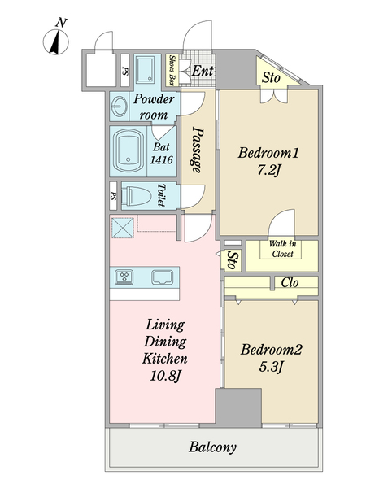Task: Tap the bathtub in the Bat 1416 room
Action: tap(129, 150)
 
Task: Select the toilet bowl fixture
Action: tap(136, 196)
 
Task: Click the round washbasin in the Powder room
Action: tap(120, 106)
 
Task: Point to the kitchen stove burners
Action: tap(124, 277)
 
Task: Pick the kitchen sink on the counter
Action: tap(163, 277)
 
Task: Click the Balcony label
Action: tap(212, 447)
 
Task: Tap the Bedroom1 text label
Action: tap(268, 153)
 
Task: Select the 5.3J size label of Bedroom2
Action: tap(271, 368)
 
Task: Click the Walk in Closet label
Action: tap(282, 249)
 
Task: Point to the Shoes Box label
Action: tap(172, 70)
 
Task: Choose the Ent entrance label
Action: tap(203, 71)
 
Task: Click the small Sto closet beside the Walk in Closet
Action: tap(231, 260)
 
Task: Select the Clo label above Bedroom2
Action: tap(290, 282)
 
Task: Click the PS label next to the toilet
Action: tap(113, 196)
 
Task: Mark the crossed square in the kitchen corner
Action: tap(123, 228)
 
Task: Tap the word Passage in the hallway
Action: tap(198, 150)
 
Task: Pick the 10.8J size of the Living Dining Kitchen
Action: tap(165, 376)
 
